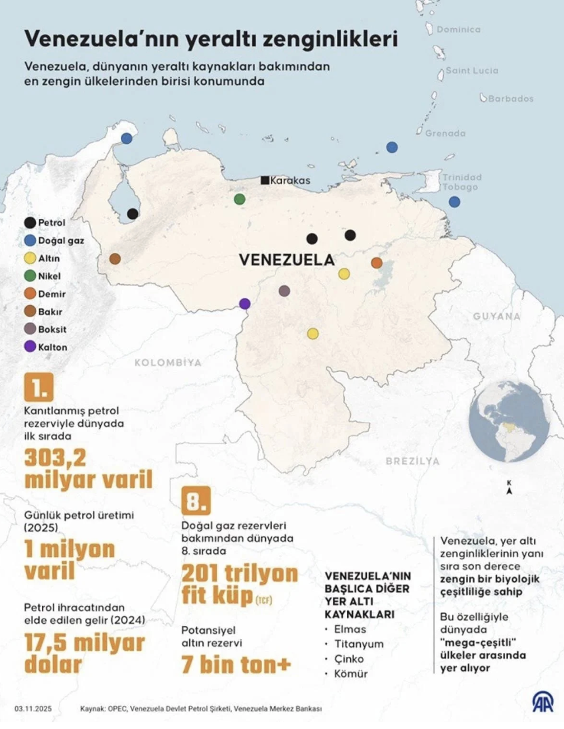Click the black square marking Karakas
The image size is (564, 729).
click(x=265, y=180)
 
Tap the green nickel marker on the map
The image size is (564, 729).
click(x=239, y=199)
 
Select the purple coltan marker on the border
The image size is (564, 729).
click(x=245, y=304)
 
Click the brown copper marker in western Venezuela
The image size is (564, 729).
click(x=115, y=259)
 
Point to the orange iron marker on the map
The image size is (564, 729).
click(x=377, y=263)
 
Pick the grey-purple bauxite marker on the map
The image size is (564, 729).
click(x=284, y=291)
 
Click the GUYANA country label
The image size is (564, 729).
click(x=496, y=316)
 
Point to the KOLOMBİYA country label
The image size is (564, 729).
click(x=167, y=363)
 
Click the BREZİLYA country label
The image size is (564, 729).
click(x=412, y=461)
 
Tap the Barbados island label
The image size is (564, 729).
click(x=510, y=99)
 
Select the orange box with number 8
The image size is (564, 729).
click(x=196, y=501)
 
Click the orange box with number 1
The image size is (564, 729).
click(x=39, y=387)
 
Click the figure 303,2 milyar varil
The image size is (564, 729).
click(x=88, y=469)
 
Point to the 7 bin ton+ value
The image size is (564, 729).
click(x=236, y=665)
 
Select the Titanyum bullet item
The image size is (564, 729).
click(x=359, y=644)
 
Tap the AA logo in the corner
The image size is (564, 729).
click(x=542, y=702)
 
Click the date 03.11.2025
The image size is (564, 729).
click(x=33, y=709)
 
